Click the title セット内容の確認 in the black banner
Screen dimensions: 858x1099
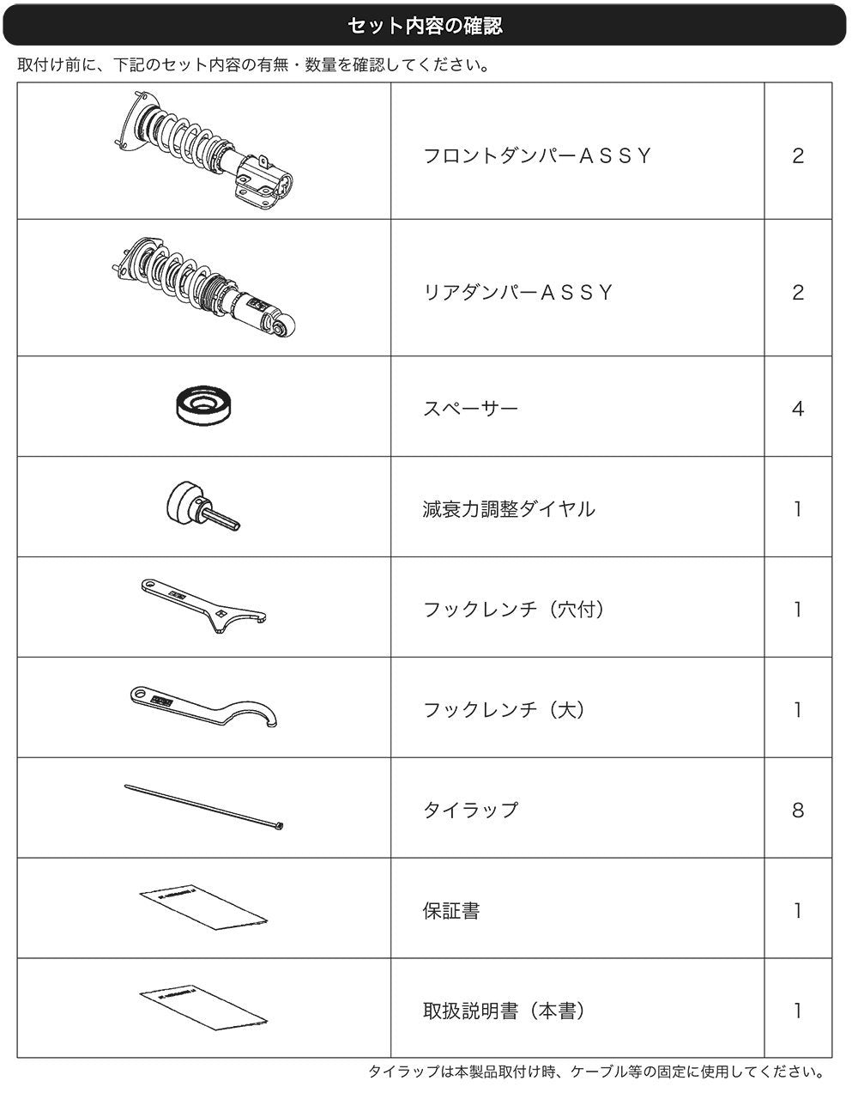[425, 26]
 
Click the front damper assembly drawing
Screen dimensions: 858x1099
[204, 150]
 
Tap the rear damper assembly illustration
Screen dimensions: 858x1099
[203, 288]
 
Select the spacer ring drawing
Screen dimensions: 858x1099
[206, 405]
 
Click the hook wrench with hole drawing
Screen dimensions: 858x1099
[203, 605]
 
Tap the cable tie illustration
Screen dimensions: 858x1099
[203, 807]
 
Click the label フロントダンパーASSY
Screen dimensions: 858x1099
[537, 155]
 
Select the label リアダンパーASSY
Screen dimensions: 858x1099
[518, 292]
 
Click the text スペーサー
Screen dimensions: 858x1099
[470, 408]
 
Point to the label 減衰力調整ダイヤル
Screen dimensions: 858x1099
[509, 509]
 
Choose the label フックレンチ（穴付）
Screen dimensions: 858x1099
[515, 610]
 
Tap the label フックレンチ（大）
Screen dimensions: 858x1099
[505, 709]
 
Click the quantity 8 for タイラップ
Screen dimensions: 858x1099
[798, 811]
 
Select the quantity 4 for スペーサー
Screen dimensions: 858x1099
[798, 408]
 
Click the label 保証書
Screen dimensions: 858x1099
[451, 911]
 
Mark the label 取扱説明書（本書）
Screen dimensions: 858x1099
[505, 1011]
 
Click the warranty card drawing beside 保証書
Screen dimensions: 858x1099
[203, 908]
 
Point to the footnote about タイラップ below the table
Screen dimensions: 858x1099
[596, 1072]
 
